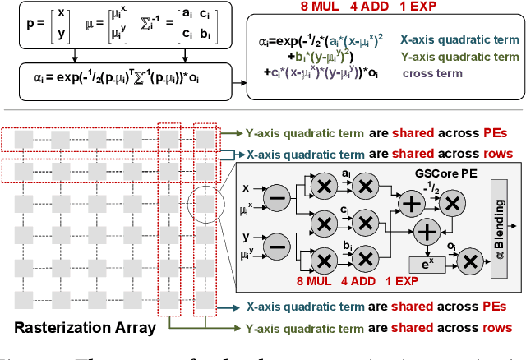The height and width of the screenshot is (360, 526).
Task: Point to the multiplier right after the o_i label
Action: point(468,261)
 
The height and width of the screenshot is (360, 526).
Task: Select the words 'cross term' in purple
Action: point(428,72)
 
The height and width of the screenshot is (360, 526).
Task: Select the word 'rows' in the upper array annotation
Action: point(492,153)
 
